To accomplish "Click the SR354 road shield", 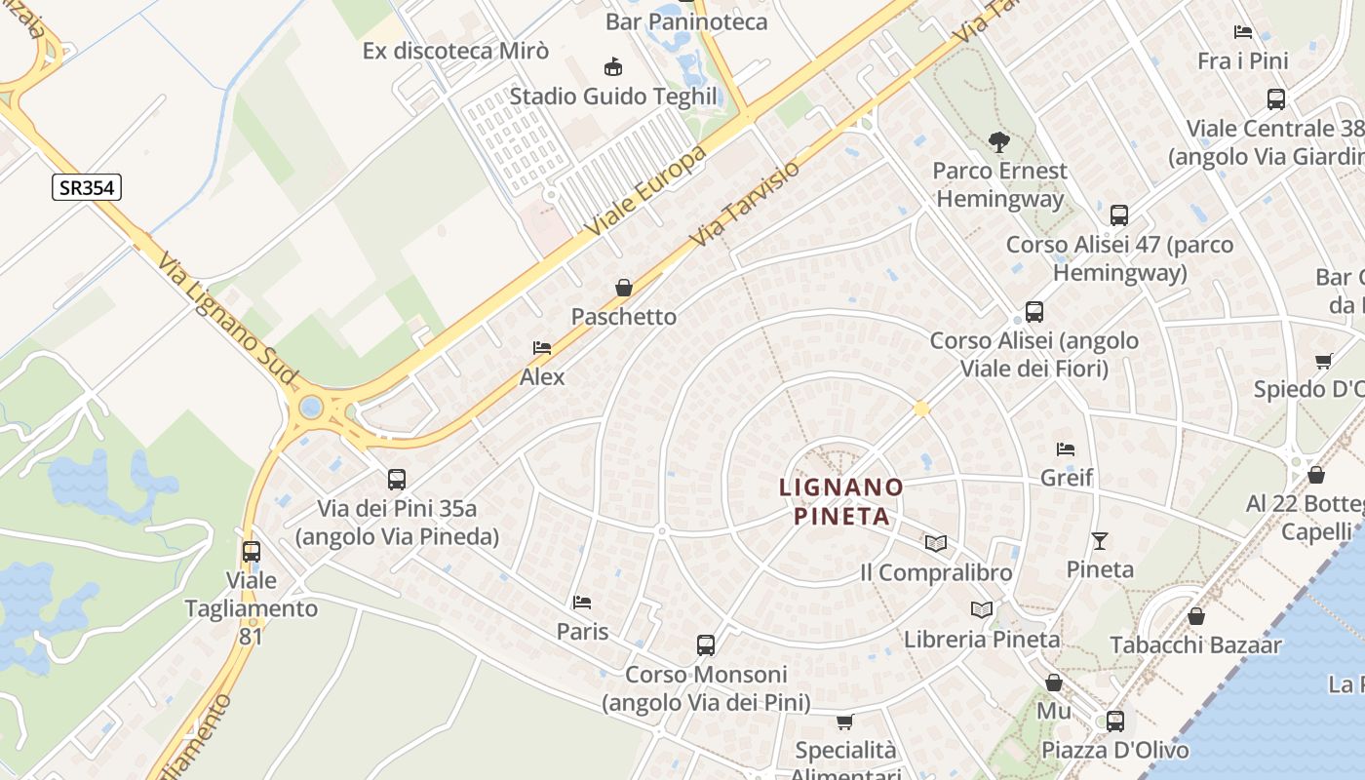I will pyautogui.click(x=87, y=187).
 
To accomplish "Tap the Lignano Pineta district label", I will pyautogui.click(x=841, y=501).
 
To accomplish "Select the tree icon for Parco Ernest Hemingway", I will pyautogui.click(x=998, y=142).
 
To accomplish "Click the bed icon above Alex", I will pyautogui.click(x=542, y=348).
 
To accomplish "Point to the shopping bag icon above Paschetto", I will pyautogui.click(x=624, y=288).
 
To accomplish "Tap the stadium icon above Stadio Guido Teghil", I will pyautogui.click(x=613, y=67).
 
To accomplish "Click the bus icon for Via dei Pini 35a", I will pyautogui.click(x=397, y=480).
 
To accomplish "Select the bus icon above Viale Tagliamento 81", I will pyautogui.click(x=252, y=552).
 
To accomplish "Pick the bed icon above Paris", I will pyautogui.click(x=582, y=603).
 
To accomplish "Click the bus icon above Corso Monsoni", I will pyautogui.click(x=706, y=645).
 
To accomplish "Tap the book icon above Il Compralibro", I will pyautogui.click(x=936, y=543).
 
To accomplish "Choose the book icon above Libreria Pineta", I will pyautogui.click(x=982, y=610).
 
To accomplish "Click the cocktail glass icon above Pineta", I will pyautogui.click(x=1100, y=540).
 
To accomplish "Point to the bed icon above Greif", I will pyautogui.click(x=1066, y=449).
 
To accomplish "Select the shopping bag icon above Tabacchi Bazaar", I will pyautogui.click(x=1196, y=616).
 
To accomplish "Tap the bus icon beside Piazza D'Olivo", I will pyautogui.click(x=1114, y=721).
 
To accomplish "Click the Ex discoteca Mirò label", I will pyautogui.click(x=455, y=51).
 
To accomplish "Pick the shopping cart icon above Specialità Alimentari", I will pyautogui.click(x=844, y=722).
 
